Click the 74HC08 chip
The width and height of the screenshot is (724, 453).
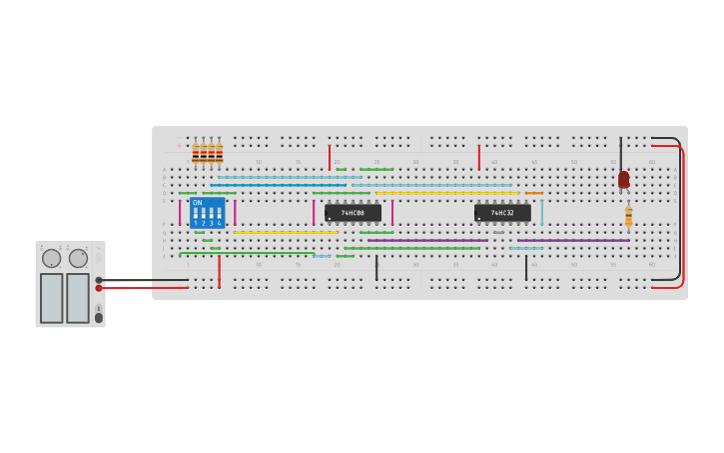tap(353, 213)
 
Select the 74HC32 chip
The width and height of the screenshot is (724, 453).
tap(502, 213)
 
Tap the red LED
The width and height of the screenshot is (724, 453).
tap(624, 179)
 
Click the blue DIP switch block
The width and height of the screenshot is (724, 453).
tap(207, 213)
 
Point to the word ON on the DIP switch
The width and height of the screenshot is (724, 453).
tap(197, 203)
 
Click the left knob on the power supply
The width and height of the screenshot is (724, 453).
tap(51, 258)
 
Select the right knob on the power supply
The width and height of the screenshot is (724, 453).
tap(78, 258)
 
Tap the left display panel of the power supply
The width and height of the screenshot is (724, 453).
tap(51, 298)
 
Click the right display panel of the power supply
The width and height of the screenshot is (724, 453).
tap(78, 298)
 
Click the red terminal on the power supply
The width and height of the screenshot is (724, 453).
tap(99, 288)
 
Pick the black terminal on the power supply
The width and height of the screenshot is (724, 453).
tap(99, 280)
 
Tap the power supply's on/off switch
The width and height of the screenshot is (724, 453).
tap(98, 317)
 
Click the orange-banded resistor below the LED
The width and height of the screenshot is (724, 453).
tap(628, 216)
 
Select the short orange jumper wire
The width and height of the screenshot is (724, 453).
tap(534, 193)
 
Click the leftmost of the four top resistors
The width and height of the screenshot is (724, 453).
tap(196, 153)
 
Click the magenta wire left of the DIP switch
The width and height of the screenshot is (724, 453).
tap(180, 213)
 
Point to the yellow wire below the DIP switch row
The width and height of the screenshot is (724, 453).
tap(286, 233)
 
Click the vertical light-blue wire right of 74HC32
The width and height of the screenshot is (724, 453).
tap(542, 212)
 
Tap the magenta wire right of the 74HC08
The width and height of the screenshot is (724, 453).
tap(392, 212)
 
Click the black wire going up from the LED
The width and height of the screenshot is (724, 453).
tap(620, 155)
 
